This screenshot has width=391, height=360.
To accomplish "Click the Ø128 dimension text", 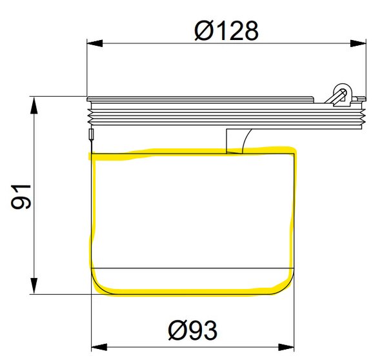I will point(226,30).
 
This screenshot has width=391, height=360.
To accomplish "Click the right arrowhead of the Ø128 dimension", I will point(359,44).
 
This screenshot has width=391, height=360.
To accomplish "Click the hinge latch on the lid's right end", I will point(339,93).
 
